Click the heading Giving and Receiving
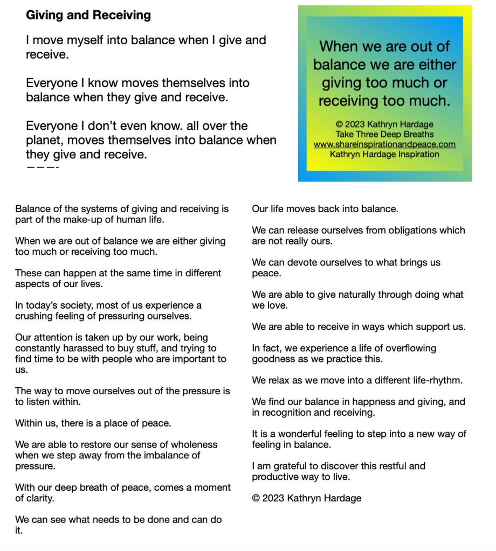88,15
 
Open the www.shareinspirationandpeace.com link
384,144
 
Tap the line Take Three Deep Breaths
384,134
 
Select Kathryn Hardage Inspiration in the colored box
384,154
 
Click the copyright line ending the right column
306,498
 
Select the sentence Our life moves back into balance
325,208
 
